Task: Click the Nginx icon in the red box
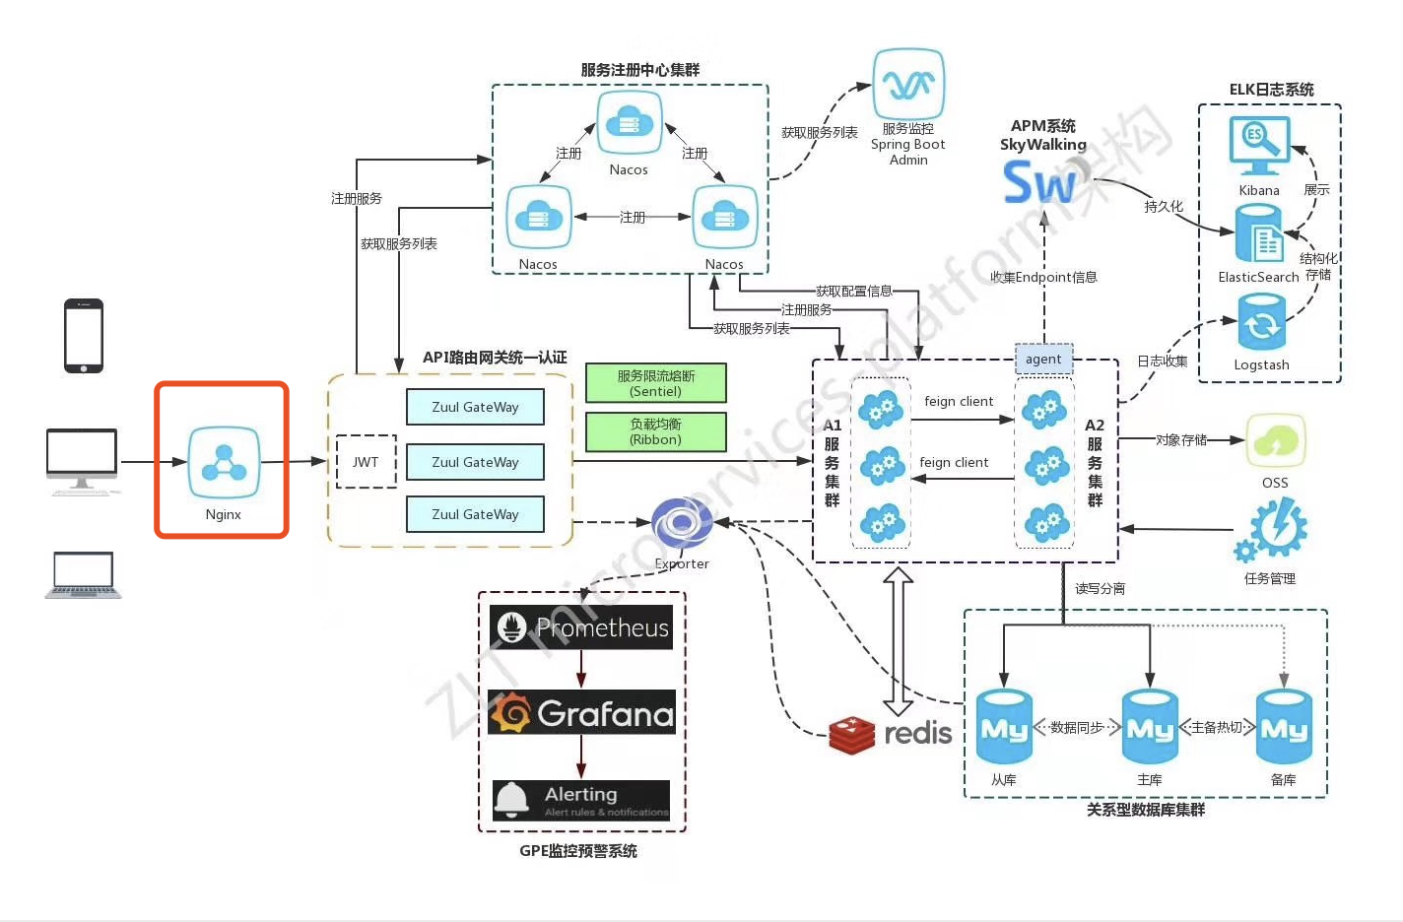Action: (224, 463)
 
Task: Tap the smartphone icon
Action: (84, 336)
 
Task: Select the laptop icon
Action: (84, 575)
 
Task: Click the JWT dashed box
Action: (366, 462)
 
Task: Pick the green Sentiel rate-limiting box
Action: (656, 383)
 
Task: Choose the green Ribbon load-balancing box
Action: (656, 431)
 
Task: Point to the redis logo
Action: (891, 734)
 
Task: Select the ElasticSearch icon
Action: (1259, 233)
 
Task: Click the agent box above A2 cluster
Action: (1043, 360)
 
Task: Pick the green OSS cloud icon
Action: (1276, 441)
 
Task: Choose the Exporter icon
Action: (682, 523)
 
